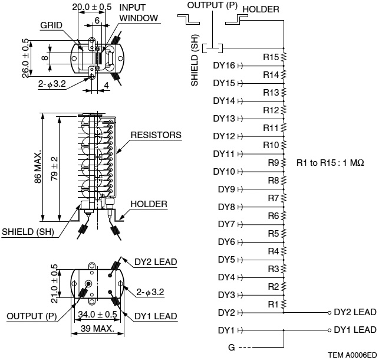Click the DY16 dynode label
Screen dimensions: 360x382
point(224,66)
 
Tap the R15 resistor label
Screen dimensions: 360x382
point(271,57)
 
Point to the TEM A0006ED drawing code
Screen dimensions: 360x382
point(351,355)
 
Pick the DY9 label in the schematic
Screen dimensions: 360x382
point(226,189)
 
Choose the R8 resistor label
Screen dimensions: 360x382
point(273,181)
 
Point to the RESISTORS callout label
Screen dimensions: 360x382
point(156,135)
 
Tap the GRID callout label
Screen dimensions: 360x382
point(52,26)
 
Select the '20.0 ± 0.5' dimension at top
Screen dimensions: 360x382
point(91,6)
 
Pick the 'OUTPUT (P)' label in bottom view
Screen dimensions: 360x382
point(31,316)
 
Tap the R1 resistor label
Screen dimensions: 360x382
point(273,305)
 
